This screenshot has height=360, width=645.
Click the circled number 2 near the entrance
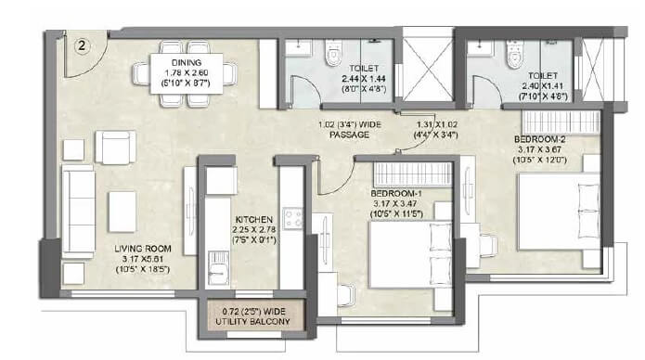[82, 45]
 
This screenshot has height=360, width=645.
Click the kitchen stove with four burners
[293, 218]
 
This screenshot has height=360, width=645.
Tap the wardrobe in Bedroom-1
[412, 173]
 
